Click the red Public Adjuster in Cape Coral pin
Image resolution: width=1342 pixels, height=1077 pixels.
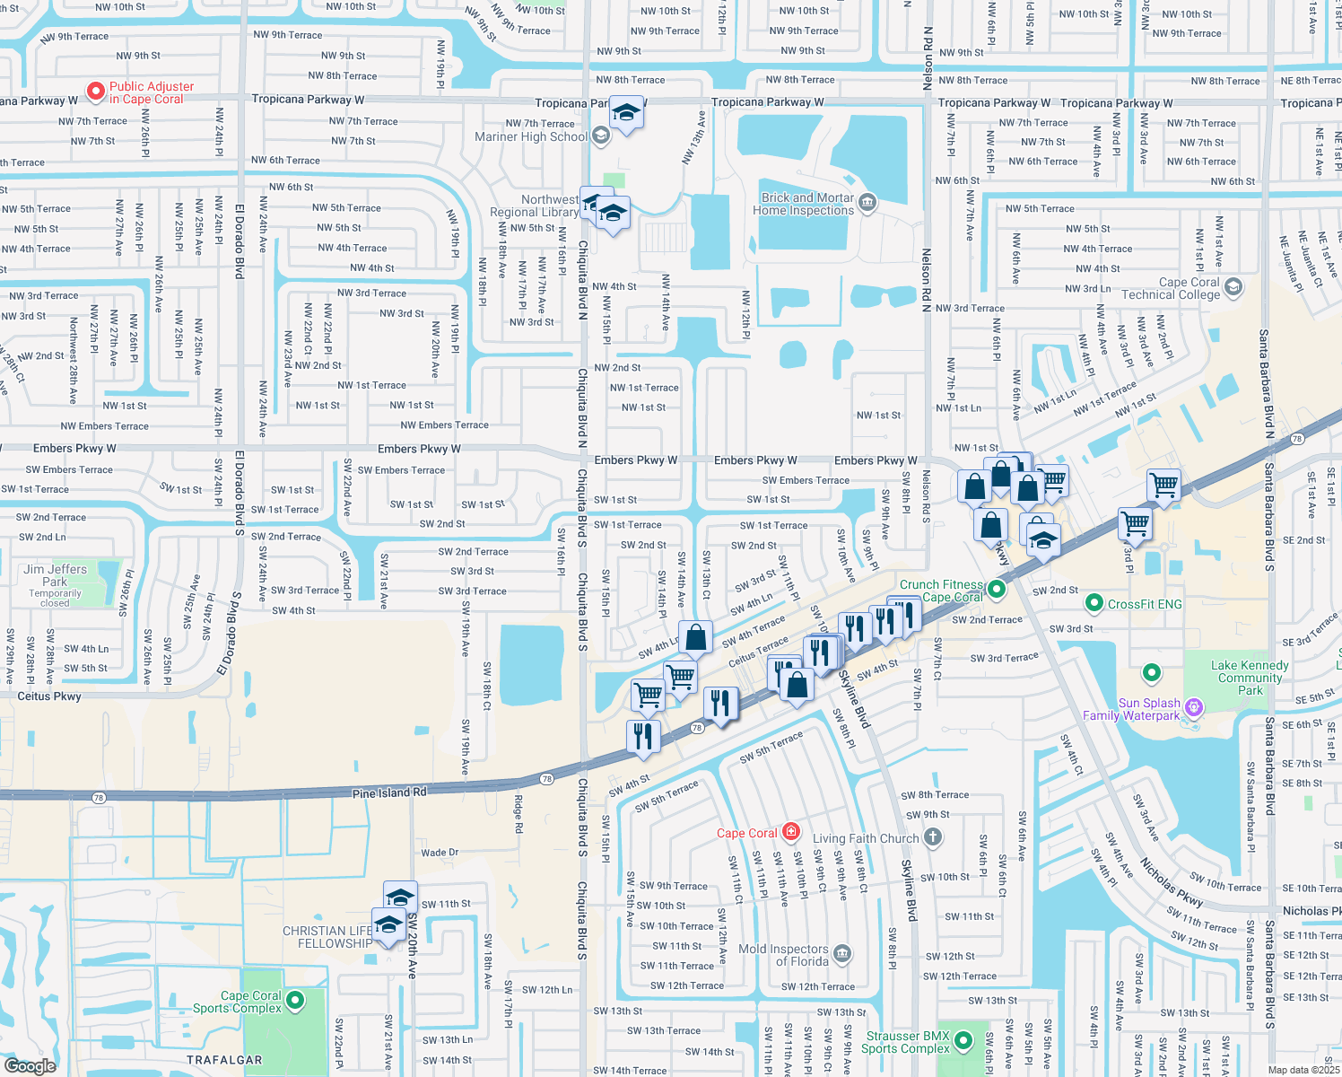pos(95,92)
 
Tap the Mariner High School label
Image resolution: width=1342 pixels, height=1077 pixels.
pos(531,136)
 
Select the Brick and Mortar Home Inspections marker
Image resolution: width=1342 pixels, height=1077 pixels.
pos(867,202)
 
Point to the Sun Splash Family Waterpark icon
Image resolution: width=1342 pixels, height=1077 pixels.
pos(1193,708)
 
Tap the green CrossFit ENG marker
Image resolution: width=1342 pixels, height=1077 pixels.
pos(1094,604)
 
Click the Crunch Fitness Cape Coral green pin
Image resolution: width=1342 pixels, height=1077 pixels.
pos(997,591)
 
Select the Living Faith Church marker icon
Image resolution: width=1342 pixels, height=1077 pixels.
pos(933,837)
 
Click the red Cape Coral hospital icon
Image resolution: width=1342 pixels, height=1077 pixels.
pos(790,832)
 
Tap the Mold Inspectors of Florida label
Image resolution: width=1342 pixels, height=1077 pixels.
pos(783,955)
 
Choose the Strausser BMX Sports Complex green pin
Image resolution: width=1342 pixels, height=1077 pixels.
pos(963,1041)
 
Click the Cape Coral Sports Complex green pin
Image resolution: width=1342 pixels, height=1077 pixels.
pos(295,1001)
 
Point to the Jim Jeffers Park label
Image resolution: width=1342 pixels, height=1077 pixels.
pos(56,575)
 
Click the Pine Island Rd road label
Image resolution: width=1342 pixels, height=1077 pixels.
pos(389,793)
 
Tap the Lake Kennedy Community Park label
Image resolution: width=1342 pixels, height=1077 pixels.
pos(1250,678)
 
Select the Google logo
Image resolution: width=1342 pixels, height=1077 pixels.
pos(30,1066)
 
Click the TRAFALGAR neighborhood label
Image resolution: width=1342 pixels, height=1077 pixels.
pos(224,1060)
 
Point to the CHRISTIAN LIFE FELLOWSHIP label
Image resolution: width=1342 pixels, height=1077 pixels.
pos(327,937)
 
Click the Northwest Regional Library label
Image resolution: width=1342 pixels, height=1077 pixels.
pos(535,206)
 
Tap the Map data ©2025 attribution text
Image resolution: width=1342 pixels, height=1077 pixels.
pos(1303,1070)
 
